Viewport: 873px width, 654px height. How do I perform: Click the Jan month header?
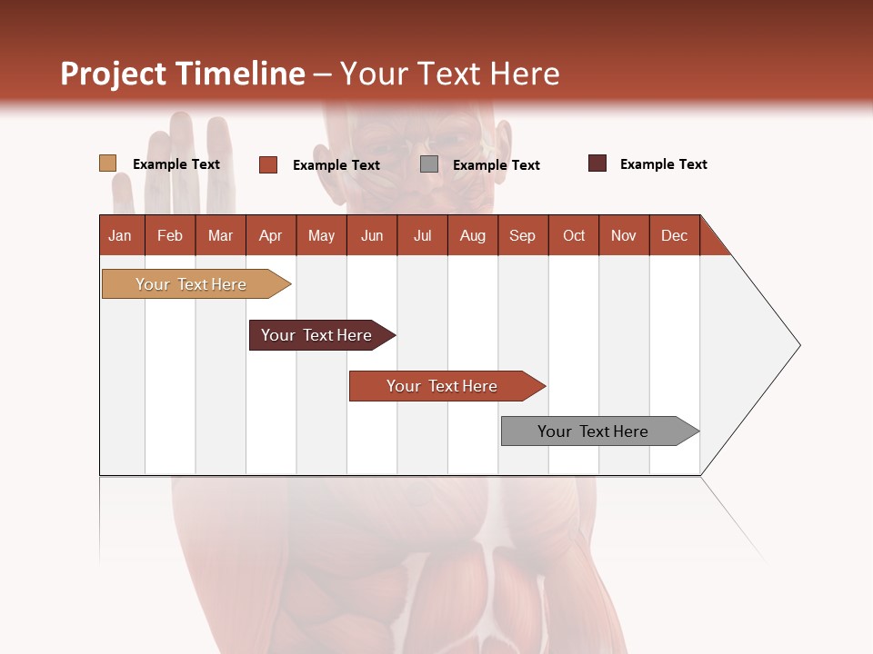[x=121, y=235]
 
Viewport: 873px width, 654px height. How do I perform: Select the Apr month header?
[x=270, y=235]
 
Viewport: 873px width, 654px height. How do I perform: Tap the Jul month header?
[x=422, y=235]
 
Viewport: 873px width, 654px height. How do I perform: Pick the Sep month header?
[x=522, y=235]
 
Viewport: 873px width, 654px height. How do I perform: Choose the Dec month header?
[x=674, y=235]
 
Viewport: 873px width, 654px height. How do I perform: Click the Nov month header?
[x=623, y=235]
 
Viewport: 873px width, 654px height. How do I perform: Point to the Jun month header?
[x=371, y=235]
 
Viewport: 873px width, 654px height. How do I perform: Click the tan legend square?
[x=107, y=163]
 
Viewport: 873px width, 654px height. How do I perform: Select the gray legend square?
[x=429, y=164]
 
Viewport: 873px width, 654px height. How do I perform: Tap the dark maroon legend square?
[x=597, y=163]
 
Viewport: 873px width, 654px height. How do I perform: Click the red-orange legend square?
[x=267, y=164]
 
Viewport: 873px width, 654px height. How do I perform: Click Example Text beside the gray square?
[x=496, y=165]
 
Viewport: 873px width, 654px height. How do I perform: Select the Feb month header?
[x=170, y=235]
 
